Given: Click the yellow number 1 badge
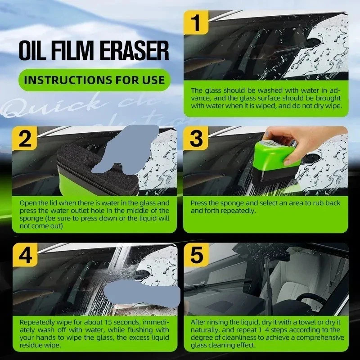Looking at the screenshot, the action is click(196, 22).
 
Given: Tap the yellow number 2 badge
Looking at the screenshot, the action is click(25, 139).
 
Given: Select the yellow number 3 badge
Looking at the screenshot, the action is click(196, 138).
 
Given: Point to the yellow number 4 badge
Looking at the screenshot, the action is click(25, 255).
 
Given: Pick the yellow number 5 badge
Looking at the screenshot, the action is click(197, 255).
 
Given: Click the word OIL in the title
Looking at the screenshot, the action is click(30, 50).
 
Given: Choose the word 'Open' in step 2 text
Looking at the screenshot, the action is click(27, 203).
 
